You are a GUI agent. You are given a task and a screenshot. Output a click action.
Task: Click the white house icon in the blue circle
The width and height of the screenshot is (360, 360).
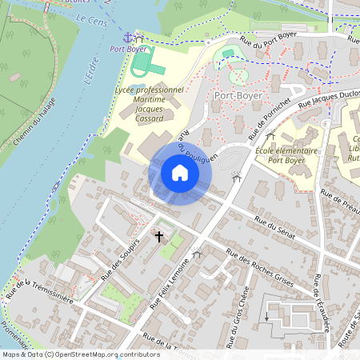[x=180, y=173]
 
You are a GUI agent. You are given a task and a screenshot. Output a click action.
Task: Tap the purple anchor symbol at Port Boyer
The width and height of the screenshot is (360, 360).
[x=126, y=37]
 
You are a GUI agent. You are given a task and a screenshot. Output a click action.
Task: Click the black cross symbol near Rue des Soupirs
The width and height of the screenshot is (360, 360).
[x=158, y=237]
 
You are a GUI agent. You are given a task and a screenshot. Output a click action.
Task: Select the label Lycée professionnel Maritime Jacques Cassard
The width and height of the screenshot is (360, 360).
[x=149, y=103]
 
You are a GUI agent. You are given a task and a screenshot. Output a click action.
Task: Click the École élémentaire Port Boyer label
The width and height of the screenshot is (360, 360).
[x=286, y=155]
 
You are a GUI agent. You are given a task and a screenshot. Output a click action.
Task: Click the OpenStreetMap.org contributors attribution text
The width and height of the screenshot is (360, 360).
[x=104, y=354]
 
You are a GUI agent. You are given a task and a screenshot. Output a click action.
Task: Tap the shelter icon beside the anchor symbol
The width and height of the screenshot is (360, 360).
[x=140, y=37]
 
